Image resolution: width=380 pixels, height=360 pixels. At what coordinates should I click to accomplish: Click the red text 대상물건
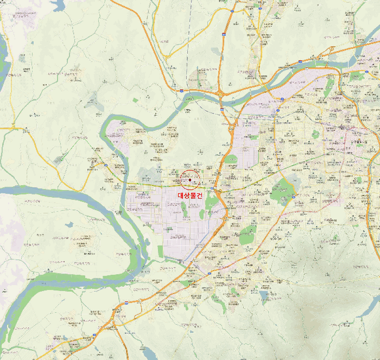(x=190, y=195)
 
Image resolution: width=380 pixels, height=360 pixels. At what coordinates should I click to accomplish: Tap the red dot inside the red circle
(x=190, y=179)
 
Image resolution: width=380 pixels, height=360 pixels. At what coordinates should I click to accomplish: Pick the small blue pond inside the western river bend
(x=69, y=224)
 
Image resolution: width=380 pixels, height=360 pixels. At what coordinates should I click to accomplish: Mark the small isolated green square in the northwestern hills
(x=135, y=100)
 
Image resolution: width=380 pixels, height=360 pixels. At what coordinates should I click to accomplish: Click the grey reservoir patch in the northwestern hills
(x=92, y=102)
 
